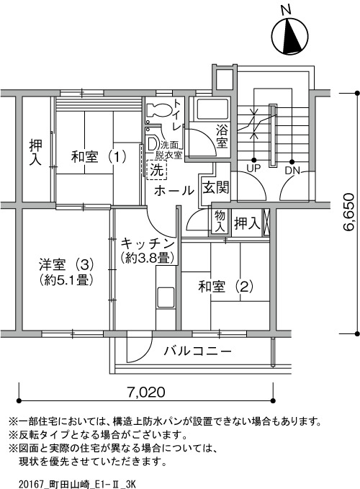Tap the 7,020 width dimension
pos(146,392)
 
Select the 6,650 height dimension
pos(348,212)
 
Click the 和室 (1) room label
pos(99,156)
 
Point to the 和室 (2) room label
pos(225,287)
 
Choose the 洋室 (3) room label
pos(66,265)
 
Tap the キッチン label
pos(147,243)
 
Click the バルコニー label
pos(198,351)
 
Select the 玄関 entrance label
pos(216,187)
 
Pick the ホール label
pos(174,190)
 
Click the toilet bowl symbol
pos(159,110)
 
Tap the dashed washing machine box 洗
pos(156,169)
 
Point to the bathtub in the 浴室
pos(212,109)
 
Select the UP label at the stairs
pos(253,169)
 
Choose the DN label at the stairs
pos(292,170)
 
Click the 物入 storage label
pos(220,221)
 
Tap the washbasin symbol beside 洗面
pos(153,144)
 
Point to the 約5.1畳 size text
pos(66,279)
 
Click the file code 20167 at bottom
pos(32,485)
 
